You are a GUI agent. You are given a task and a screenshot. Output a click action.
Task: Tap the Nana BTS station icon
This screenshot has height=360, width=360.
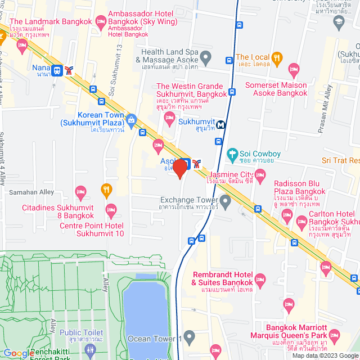(x=57, y=70)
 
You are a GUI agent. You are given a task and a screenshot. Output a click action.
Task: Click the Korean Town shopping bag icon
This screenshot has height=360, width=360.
(x=132, y=119)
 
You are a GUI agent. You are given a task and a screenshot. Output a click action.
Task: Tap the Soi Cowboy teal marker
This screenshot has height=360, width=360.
(x=232, y=154)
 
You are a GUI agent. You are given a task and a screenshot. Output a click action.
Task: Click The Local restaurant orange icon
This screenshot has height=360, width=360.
(x=276, y=57)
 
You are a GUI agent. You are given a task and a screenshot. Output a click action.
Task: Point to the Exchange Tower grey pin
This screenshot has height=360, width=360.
(x=226, y=200)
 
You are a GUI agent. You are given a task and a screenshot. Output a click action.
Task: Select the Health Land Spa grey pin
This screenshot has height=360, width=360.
(x=206, y=56)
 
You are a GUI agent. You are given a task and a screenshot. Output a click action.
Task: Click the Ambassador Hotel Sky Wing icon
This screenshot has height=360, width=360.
(x=102, y=22)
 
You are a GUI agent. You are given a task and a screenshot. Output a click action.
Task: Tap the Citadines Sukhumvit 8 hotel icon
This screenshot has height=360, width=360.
(x=80, y=193)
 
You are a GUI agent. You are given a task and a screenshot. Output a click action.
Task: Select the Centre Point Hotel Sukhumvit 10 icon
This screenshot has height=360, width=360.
(x=110, y=212)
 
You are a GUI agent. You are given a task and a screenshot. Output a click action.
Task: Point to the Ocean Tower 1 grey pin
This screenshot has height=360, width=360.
(x=190, y=338)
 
